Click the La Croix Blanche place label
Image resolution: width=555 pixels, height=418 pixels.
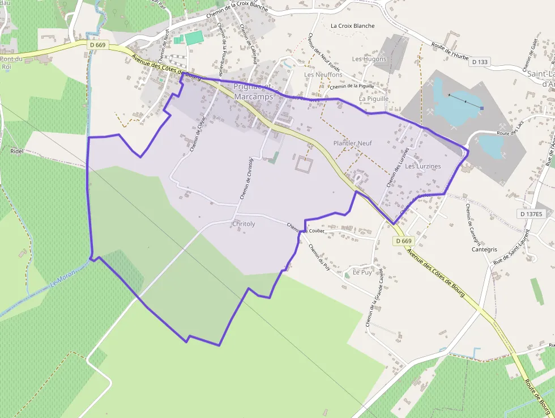tap(353, 26)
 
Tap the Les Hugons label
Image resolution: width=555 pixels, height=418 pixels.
tap(369, 59)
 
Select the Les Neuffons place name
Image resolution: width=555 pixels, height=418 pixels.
tap(323, 75)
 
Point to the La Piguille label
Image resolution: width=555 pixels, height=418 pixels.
tap(374, 99)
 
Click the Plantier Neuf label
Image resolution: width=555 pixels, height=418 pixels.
tap(352, 143)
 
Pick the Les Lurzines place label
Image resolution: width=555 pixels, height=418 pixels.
tap(422, 166)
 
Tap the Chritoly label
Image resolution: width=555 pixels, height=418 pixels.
tap(244, 224)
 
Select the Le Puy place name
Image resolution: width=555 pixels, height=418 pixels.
tap(362, 272)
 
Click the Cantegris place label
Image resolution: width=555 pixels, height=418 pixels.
tap(484, 250)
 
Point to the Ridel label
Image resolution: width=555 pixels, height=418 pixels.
tap(16, 151)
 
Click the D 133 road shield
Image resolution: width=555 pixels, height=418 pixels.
tap(479, 62)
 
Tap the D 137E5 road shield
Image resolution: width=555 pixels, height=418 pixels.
tap(531, 214)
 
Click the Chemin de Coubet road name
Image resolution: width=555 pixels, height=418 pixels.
tap(305, 228)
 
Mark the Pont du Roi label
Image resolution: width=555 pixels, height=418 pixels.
tap(11, 62)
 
